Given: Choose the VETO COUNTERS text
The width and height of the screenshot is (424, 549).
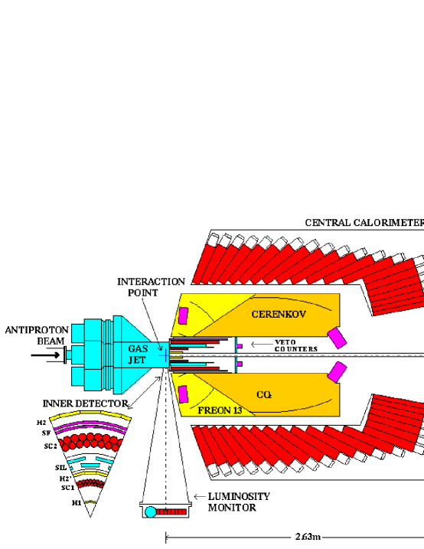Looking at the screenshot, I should pos(295,345).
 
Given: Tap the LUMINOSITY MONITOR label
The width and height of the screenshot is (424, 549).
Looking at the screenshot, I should pos(238,501).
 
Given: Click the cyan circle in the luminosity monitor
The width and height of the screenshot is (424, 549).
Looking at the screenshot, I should pos(152,511).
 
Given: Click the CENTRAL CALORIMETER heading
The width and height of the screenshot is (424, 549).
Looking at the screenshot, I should pos(364,223).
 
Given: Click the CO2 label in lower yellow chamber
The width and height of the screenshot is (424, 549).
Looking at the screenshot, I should pos(266,394).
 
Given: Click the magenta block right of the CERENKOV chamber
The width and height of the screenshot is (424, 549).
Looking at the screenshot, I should pos(336,336).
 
